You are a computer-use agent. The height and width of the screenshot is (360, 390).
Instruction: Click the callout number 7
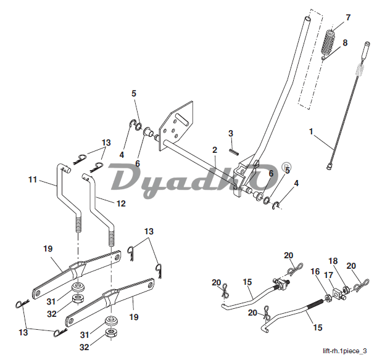pos(347,17)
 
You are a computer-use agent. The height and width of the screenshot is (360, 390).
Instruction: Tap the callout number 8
pos(345,43)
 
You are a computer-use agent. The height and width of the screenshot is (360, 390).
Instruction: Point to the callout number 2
pos(214,150)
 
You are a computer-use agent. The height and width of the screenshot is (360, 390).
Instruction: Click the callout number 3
pos(230,133)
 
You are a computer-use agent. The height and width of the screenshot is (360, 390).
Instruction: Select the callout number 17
pos(328,276)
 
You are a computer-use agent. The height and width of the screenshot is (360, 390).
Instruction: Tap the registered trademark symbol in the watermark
pos(286,167)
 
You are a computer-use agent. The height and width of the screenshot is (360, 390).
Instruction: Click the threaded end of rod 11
pos(78,223)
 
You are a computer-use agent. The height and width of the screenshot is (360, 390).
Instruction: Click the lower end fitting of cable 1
pos(331,165)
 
